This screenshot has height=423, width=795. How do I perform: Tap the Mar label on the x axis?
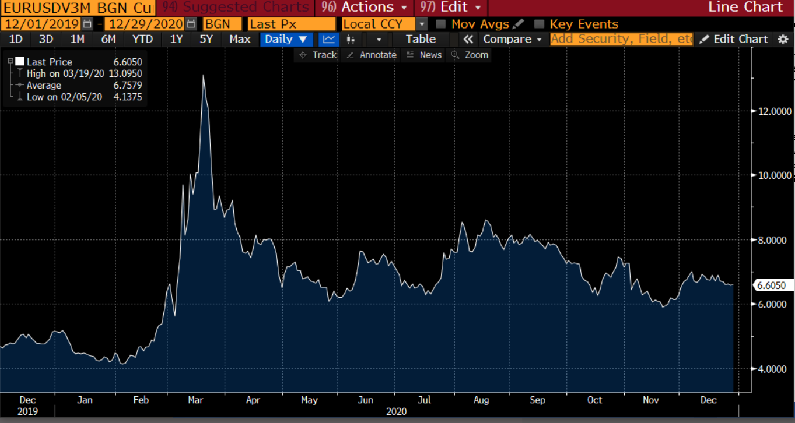point(196,400)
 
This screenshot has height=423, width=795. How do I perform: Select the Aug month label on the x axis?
point(481,400)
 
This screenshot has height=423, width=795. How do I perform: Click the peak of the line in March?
point(203,75)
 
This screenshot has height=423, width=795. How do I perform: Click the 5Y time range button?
point(206,39)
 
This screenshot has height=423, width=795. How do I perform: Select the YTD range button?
point(142,39)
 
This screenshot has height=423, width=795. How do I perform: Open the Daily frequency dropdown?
point(286,39)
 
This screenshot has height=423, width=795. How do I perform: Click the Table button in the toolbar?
point(421,39)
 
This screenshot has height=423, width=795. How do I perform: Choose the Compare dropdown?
point(512,39)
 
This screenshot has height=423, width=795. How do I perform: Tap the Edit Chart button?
point(734,39)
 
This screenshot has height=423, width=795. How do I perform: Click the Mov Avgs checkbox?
point(441,24)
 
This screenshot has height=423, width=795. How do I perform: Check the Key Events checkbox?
point(540,24)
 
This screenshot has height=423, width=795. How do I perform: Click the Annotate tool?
point(372,55)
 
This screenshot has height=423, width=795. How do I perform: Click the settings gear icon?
point(783,39)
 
